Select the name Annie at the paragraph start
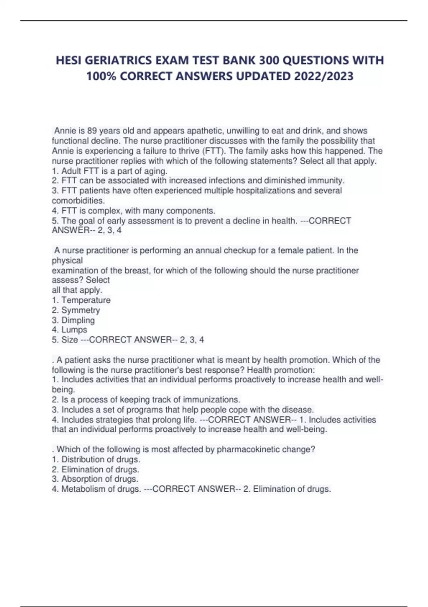point(65,131)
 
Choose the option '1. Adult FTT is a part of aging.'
point(109,171)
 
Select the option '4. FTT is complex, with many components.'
point(133,211)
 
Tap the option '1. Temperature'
point(81,300)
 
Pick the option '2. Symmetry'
point(76,310)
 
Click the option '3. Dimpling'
point(73,320)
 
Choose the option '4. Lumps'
point(69,330)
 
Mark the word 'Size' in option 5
point(70,340)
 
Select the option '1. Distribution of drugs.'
point(96,459)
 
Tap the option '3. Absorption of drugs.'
point(95,479)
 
